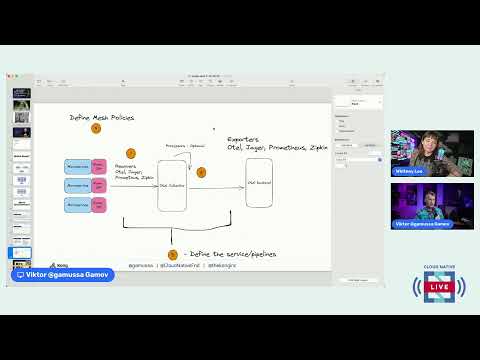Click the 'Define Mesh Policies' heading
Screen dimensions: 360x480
(101, 118)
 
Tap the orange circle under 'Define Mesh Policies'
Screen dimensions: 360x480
(96, 129)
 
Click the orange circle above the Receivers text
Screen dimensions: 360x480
(131, 153)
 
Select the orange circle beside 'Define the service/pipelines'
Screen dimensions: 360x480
(172, 255)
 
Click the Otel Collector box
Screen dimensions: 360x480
(172, 184)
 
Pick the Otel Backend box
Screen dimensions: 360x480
(258, 183)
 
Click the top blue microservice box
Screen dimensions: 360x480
(78, 166)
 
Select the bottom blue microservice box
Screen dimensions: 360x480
(78, 205)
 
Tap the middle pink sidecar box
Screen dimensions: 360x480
(99, 186)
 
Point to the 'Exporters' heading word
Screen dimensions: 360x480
(244, 139)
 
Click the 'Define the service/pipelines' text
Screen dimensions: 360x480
(231, 255)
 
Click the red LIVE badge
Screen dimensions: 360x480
(439, 288)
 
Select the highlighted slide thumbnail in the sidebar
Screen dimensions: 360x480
(22, 93)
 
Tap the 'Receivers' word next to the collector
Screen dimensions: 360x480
(125, 165)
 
